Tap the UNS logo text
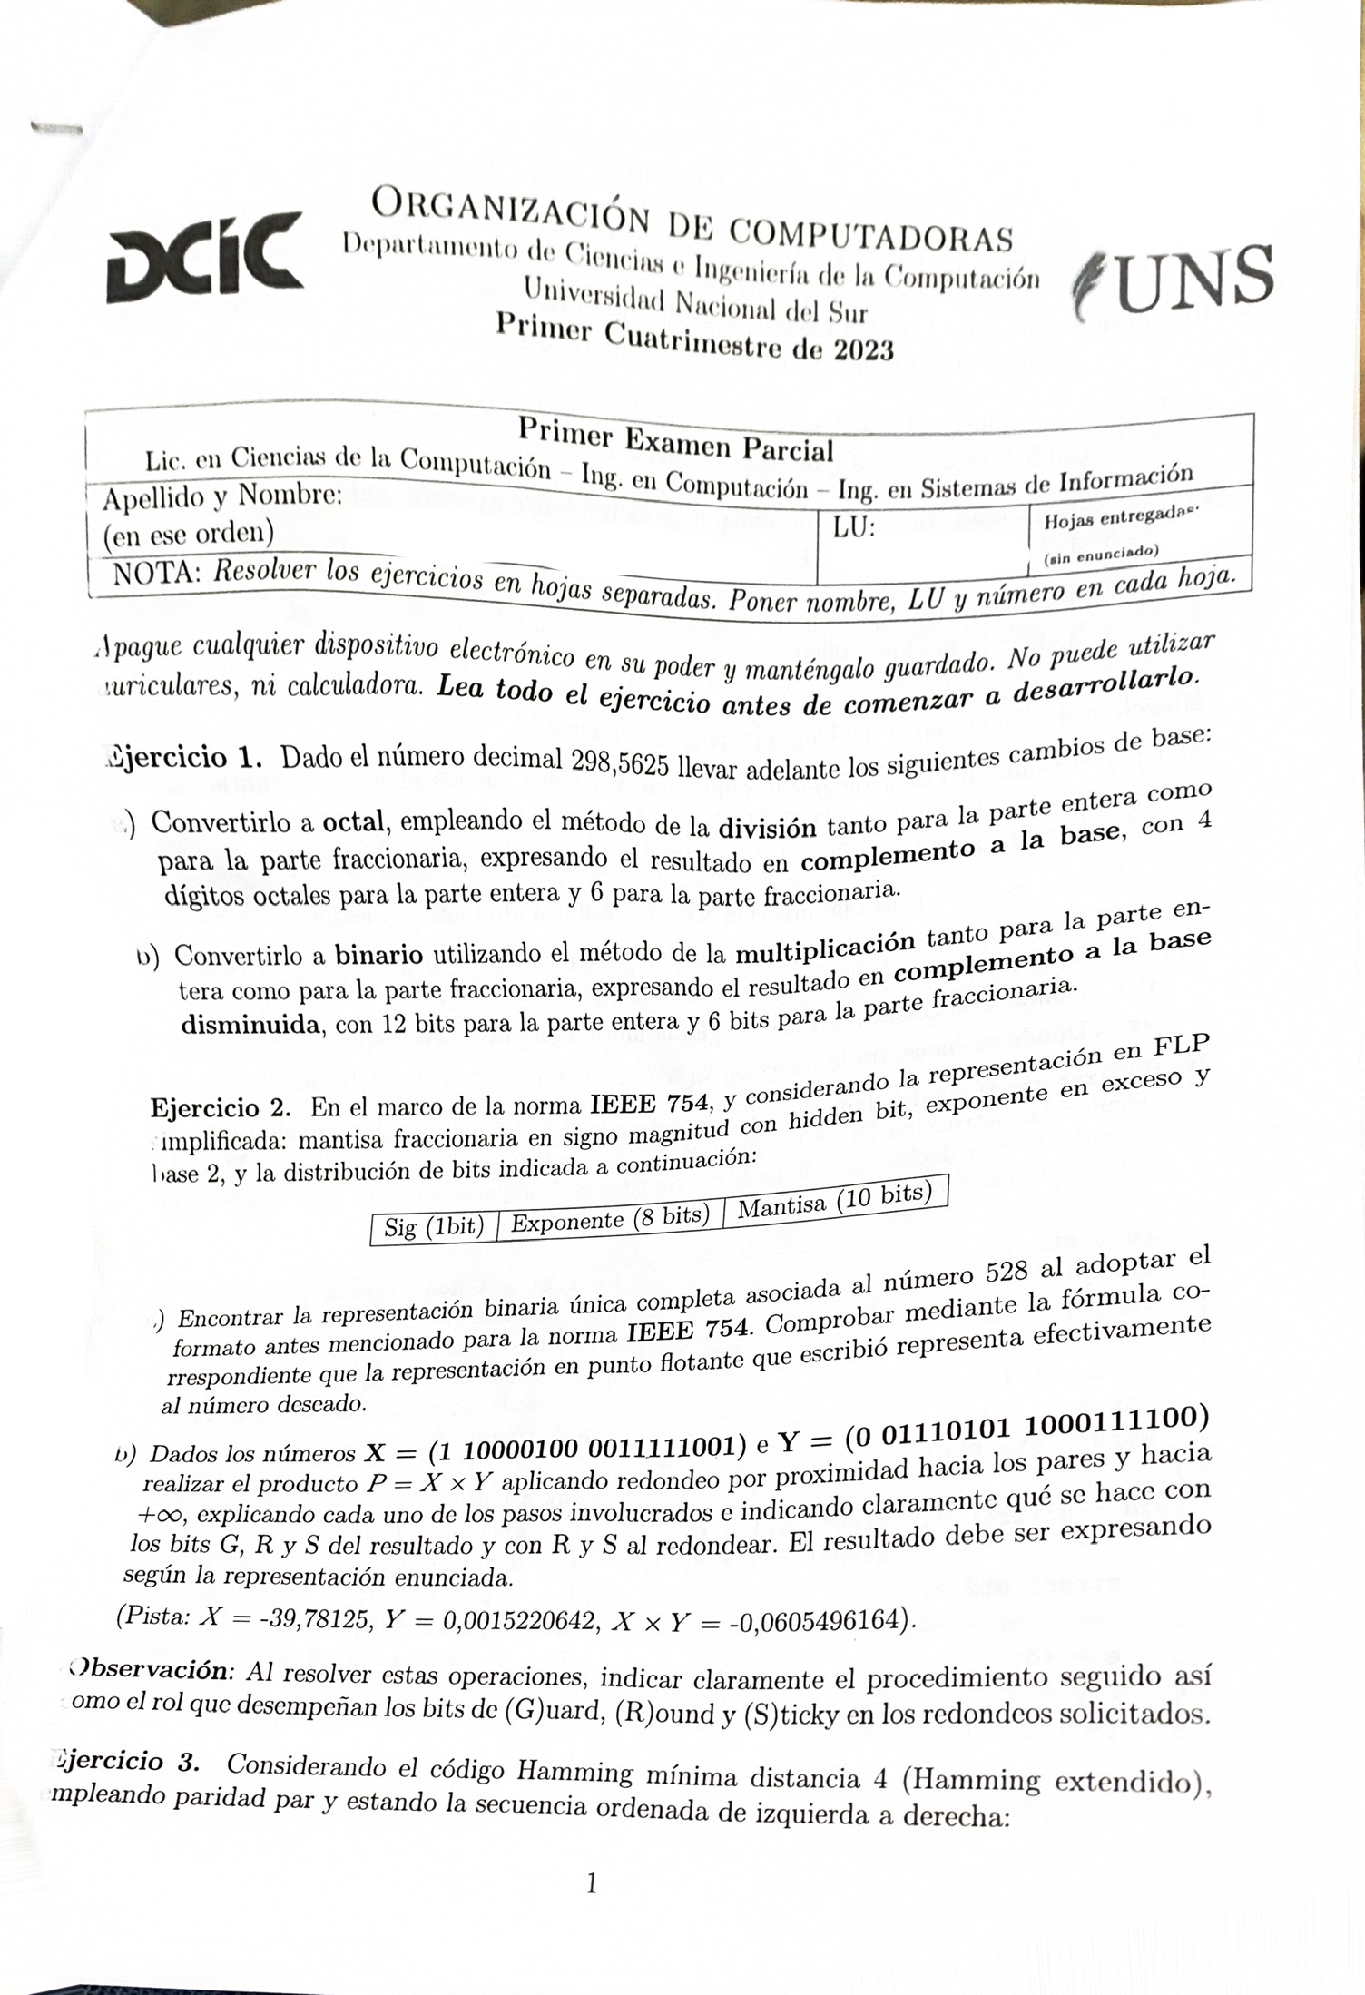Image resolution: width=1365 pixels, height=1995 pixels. tap(1180, 278)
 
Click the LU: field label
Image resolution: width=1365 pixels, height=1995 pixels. tap(855, 527)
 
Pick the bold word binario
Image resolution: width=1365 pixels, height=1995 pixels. tap(378, 955)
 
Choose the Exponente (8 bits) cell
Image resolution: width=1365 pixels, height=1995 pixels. tap(610, 1217)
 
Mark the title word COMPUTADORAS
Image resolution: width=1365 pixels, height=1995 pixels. tap(871, 234)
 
